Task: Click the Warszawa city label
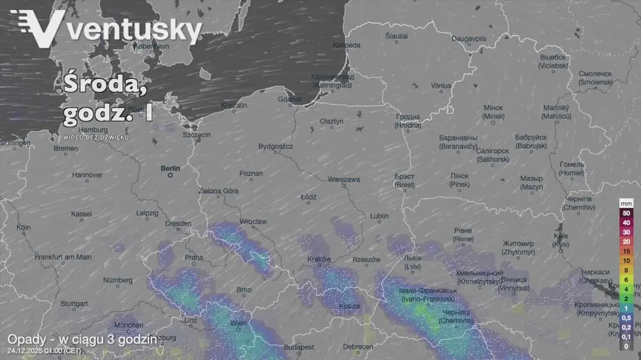pos(344,180)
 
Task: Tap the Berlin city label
pos(170,168)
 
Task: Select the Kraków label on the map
pos(319,259)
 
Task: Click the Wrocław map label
pos(254,222)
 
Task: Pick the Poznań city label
pos(251,173)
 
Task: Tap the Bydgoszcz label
pos(275,147)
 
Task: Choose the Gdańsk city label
pos(290,99)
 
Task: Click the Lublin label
pos(379,216)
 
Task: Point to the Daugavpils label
pos(469,39)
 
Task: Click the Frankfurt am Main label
pos(63,257)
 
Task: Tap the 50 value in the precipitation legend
pos(626,213)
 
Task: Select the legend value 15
pos(626,251)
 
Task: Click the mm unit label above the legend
pos(626,204)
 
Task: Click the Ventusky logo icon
pos(38,29)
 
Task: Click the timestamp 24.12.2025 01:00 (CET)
pos(44,351)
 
